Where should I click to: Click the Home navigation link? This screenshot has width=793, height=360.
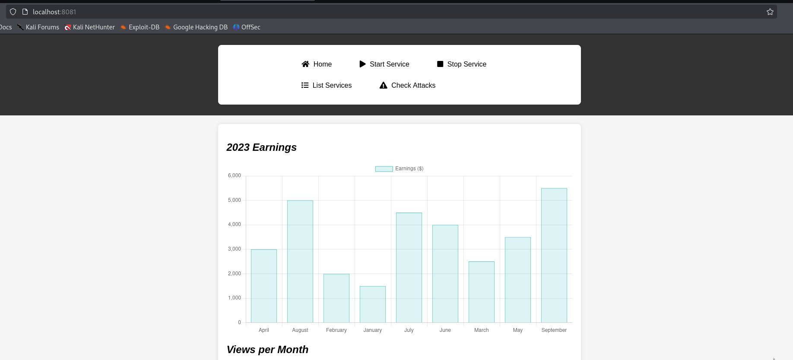click(317, 64)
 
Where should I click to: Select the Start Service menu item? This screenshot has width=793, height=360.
click(384, 64)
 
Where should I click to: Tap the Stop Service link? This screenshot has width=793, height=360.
click(462, 64)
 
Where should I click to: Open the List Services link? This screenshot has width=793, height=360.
click(327, 85)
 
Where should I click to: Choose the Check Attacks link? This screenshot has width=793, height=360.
click(407, 85)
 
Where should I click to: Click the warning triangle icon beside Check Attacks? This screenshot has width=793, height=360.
click(383, 85)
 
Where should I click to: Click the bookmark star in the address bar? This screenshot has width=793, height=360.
click(770, 12)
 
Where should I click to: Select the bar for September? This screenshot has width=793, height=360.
click(554, 255)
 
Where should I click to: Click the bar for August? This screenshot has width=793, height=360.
click(300, 261)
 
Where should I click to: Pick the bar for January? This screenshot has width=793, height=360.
click(373, 304)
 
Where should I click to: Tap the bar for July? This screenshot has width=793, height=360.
click(409, 268)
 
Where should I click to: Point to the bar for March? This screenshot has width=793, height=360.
click(482, 292)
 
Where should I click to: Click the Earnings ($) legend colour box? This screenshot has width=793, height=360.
click(384, 169)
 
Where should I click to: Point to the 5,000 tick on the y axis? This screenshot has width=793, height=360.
click(235, 200)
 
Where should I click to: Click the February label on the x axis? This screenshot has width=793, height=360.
click(336, 330)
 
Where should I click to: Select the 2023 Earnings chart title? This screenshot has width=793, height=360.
click(261, 147)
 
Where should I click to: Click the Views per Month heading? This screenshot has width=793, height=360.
click(267, 350)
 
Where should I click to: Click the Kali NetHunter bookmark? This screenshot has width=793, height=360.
click(89, 27)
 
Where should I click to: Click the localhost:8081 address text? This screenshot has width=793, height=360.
click(54, 12)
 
